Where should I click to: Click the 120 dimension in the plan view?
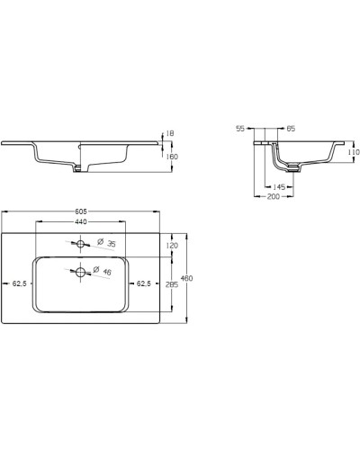pyautogui.click(x=173, y=245)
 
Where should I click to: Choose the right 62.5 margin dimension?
pyautogui.click(x=143, y=283)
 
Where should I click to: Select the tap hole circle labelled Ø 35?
pyautogui.click(x=81, y=244)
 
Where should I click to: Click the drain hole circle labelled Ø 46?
pyautogui.click(x=81, y=271)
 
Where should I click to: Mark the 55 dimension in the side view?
pyautogui.click(x=240, y=129)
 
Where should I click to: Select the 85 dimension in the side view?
pyautogui.click(x=291, y=129)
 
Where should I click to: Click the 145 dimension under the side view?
pyautogui.click(x=280, y=186)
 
